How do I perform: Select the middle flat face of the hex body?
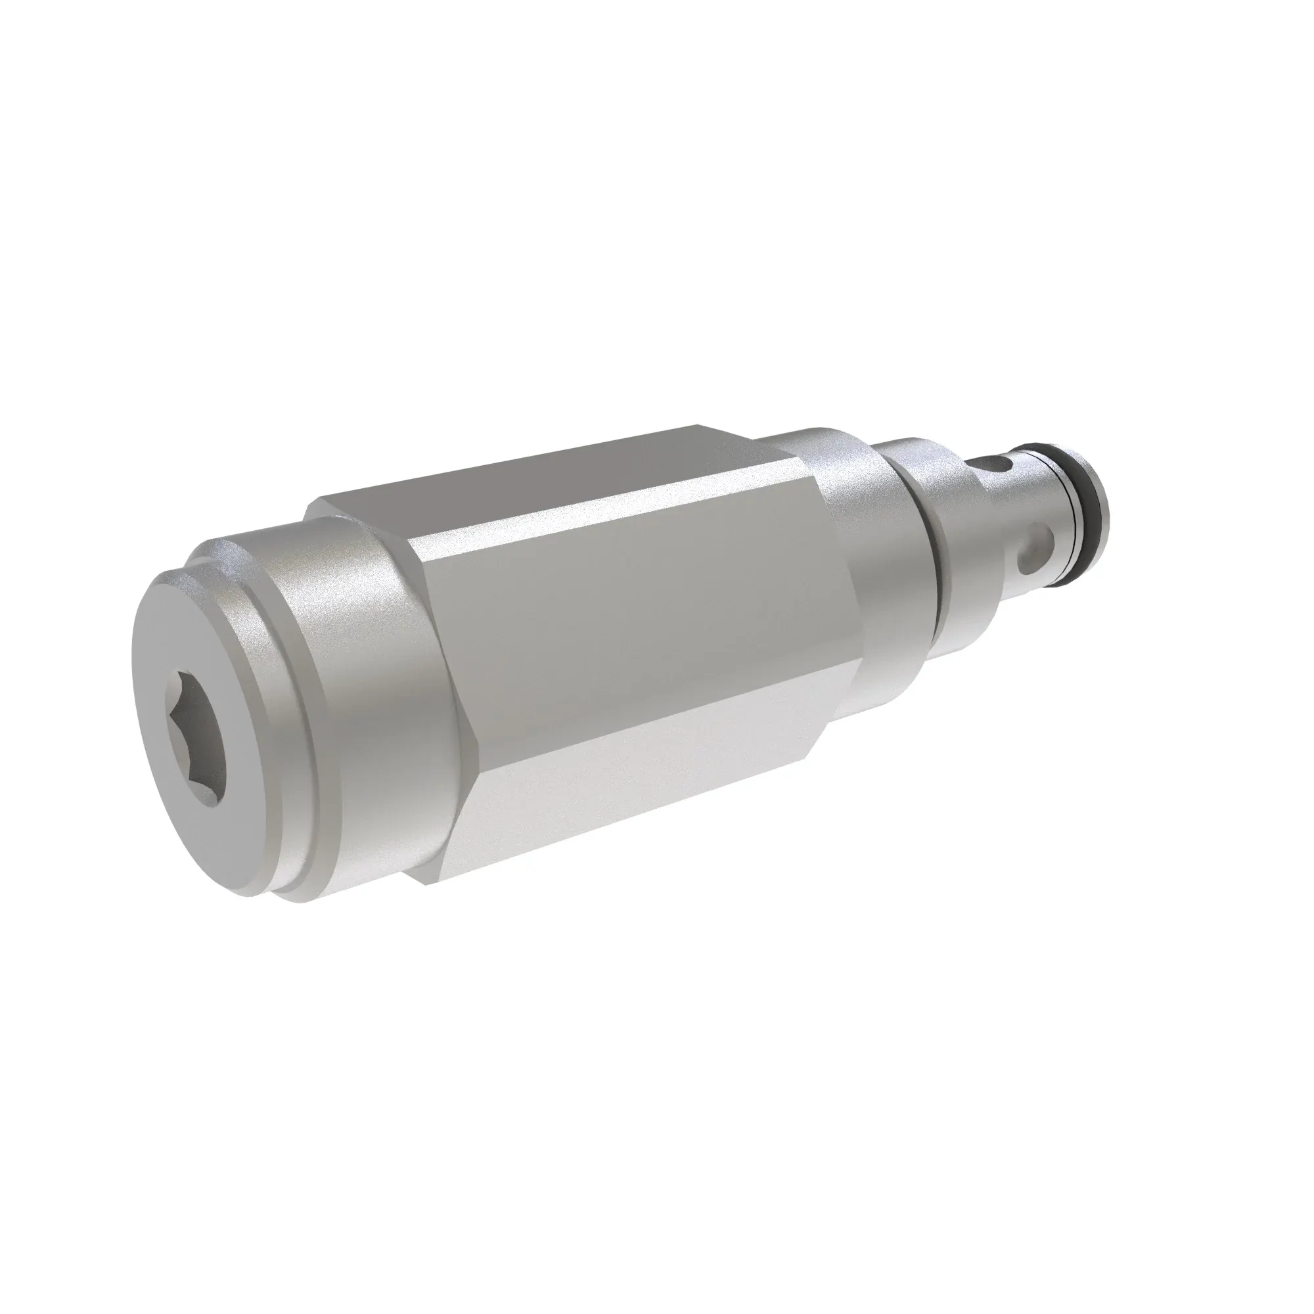pos(633,633)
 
